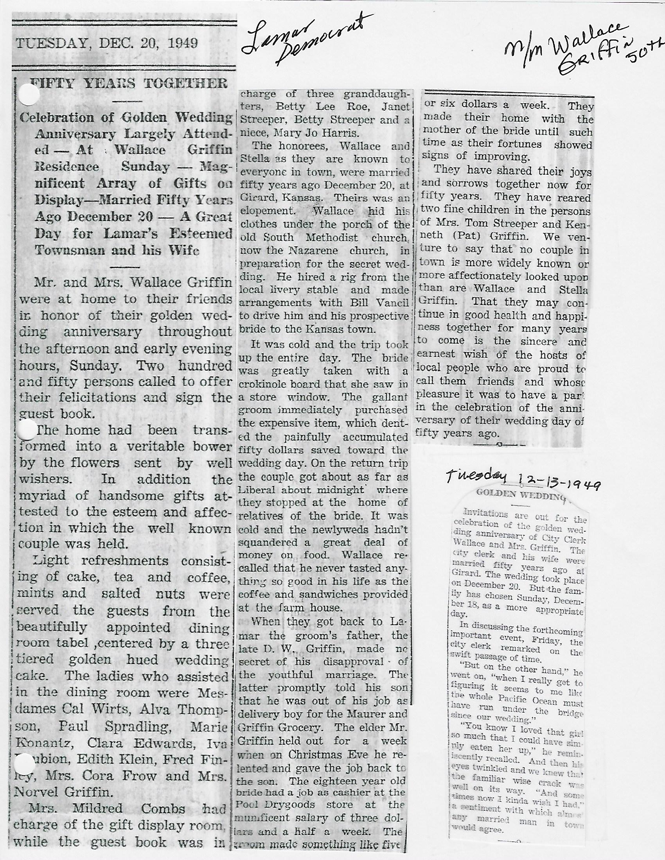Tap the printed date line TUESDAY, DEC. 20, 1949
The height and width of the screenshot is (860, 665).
pyautogui.click(x=106, y=43)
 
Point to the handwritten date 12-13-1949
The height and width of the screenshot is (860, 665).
pyautogui.click(x=558, y=487)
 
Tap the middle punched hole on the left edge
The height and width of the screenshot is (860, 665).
pyautogui.click(x=26, y=430)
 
